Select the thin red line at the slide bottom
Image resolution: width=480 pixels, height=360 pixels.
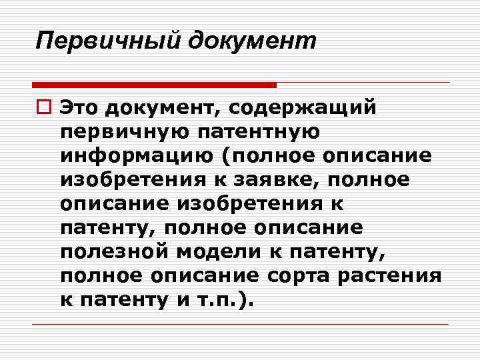point(240,325)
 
